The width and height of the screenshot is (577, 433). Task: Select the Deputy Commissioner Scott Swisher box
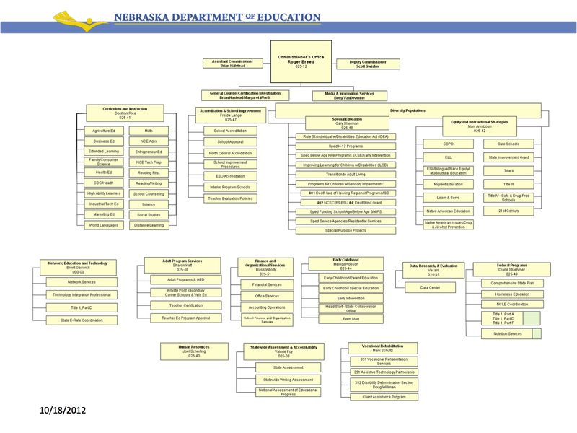368,64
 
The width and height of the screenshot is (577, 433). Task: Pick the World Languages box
104,225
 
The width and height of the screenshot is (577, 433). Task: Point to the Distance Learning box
149,225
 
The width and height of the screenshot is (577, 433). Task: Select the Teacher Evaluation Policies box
230,198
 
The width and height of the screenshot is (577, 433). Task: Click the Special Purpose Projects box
345,230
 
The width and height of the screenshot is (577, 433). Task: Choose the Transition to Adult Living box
345,174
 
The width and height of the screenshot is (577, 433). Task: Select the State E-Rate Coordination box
82,320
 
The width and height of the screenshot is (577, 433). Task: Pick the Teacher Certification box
186,305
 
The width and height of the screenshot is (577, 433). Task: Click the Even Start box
351,318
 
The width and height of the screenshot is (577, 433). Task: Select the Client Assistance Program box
384,397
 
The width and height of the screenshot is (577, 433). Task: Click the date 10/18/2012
63,410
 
